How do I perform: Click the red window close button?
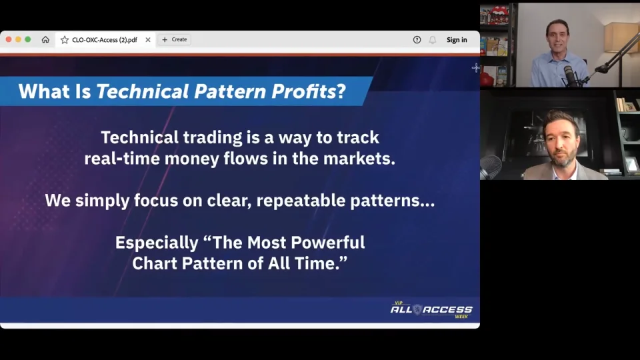pyautogui.click(x=9, y=39)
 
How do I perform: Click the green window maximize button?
pyautogui.click(x=27, y=39)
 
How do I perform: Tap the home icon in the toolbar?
pyautogui.click(x=45, y=40)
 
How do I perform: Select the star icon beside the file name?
pyautogui.click(x=65, y=40)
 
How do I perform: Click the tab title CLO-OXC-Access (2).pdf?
pyautogui.click(x=104, y=40)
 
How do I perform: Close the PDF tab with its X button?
pyautogui.click(x=148, y=40)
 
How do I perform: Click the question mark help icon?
pyautogui.click(x=417, y=40)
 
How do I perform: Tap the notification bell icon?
pyautogui.click(x=432, y=40)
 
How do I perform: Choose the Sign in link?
pyautogui.click(x=457, y=40)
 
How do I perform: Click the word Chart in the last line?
pyautogui.click(x=154, y=263)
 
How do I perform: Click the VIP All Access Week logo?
pyautogui.click(x=431, y=309)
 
